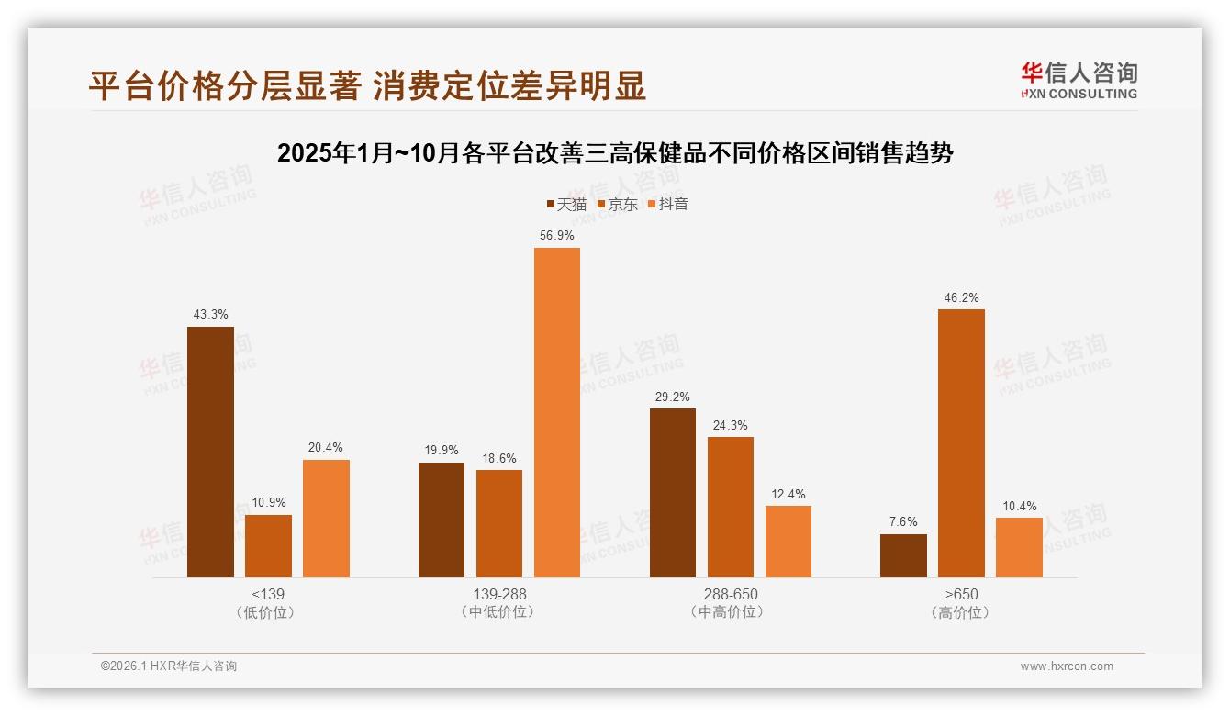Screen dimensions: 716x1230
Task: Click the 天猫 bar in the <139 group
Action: pyautogui.click(x=210, y=452)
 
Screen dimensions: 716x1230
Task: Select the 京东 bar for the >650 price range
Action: pyautogui.click(x=961, y=443)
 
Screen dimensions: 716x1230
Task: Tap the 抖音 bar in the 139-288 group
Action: pyautogui.click(x=557, y=412)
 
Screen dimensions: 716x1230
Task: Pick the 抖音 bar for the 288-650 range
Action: pyautogui.click(x=788, y=542)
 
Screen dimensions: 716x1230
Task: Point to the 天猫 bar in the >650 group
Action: pyautogui.click(x=903, y=555)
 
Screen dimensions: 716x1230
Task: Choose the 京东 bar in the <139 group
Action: pyautogui.click(x=268, y=546)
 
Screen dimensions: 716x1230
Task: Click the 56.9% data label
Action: pyautogui.click(x=557, y=236)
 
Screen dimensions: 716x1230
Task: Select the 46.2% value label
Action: pyautogui.click(x=961, y=297)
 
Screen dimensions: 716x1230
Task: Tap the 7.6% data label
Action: pyautogui.click(x=903, y=522)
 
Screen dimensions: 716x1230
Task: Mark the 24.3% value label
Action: pyautogui.click(x=731, y=425)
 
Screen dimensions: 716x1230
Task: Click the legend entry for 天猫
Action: pyautogui.click(x=566, y=204)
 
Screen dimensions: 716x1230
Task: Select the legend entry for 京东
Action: pyautogui.click(x=617, y=204)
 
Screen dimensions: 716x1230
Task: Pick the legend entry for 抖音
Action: pyautogui.click(x=667, y=204)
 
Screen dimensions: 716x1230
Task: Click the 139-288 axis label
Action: pyautogui.click(x=499, y=594)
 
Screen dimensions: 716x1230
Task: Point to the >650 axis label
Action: pyautogui.click(x=961, y=594)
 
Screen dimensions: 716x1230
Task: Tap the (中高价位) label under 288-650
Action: pyautogui.click(x=731, y=612)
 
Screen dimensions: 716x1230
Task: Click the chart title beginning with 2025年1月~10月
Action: pyautogui.click(x=615, y=153)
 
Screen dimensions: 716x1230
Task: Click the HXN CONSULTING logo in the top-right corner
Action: pyautogui.click(x=1079, y=80)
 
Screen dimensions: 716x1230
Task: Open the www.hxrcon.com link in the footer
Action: pyautogui.click(x=1067, y=666)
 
